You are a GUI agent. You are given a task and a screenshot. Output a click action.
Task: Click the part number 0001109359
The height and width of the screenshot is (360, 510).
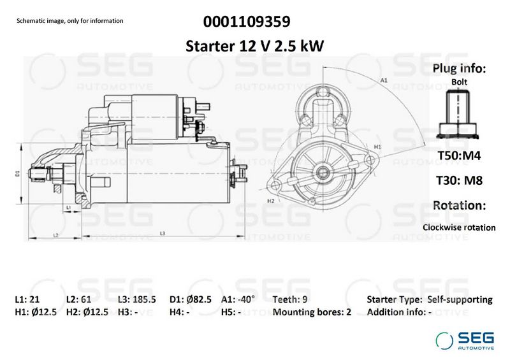click(247, 22)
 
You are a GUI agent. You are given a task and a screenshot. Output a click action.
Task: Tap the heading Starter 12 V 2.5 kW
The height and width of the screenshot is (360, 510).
click(254, 46)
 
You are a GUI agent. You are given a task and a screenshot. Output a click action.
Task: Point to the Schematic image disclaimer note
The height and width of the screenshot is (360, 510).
click(70, 21)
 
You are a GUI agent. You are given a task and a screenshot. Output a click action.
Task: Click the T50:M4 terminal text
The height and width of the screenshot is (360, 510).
click(459, 155)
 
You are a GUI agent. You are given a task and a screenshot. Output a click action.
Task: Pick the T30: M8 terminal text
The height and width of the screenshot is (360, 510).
click(459, 180)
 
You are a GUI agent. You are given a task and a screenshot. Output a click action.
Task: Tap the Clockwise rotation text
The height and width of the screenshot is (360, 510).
click(459, 227)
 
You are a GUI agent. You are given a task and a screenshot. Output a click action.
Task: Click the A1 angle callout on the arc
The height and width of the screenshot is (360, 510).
click(384, 80)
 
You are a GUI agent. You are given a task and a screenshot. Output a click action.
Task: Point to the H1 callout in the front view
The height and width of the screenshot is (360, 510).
click(377, 147)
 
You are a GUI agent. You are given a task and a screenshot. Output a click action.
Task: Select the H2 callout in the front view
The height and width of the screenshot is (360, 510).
click(270, 201)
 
